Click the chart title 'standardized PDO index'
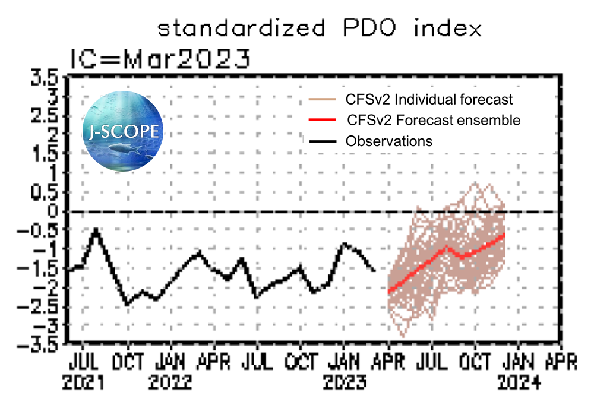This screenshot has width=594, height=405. [319, 29]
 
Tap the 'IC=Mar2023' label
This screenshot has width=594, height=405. [160, 59]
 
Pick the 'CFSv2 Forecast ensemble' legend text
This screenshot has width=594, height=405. [433, 120]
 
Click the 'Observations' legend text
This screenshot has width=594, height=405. [389, 141]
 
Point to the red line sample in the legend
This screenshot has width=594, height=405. [323, 121]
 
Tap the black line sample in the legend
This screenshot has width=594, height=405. [323, 142]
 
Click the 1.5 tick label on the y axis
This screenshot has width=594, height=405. [46, 154]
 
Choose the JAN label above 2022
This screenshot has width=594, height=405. [171, 362]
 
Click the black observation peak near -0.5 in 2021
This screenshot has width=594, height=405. [96, 229]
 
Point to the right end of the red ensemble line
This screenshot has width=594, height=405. [504, 234]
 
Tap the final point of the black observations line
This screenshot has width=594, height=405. [374, 270]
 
